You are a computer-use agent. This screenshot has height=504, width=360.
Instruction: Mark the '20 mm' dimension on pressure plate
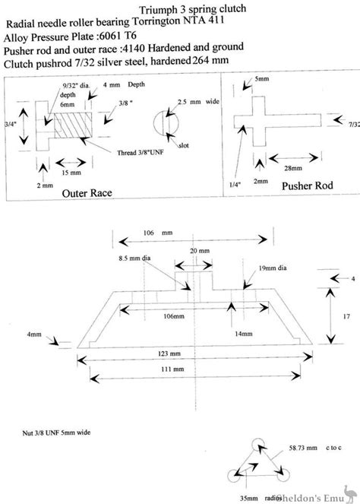pyautogui.click(x=199, y=250)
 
